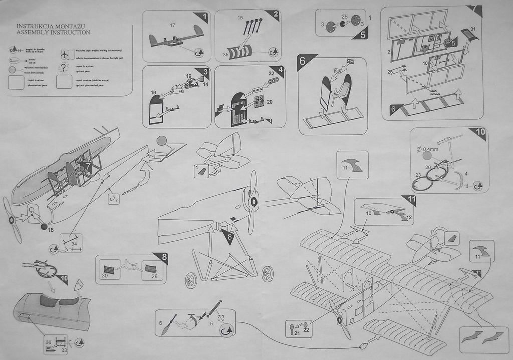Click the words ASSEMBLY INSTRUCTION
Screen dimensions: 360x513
[53, 32]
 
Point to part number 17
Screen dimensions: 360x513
[172, 25]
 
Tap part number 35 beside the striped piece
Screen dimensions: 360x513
[226, 54]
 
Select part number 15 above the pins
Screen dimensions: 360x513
[240, 18]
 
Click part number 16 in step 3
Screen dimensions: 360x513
[153, 93]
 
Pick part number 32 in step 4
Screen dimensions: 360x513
[271, 73]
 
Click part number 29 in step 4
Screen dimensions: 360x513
[269, 102]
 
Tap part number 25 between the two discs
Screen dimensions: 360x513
[344, 16]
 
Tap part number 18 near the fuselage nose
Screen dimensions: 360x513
[50, 229]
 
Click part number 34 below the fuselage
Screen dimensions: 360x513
[74, 244]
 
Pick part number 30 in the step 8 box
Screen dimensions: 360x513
[105, 275]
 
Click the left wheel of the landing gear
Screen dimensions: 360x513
[191, 280]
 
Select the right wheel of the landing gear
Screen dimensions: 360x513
[267, 274]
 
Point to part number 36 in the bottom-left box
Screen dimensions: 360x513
[48, 342]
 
